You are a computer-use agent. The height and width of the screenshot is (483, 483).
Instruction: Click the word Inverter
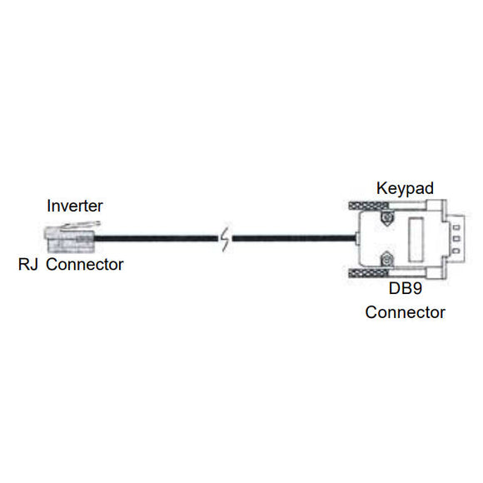(x=75, y=205)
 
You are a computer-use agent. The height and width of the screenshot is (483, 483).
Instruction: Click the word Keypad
(x=405, y=188)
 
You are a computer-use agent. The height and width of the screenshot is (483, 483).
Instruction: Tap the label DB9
(x=405, y=290)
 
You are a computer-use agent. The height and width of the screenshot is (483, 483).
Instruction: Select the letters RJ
(x=29, y=265)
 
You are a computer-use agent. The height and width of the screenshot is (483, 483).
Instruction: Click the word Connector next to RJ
(x=85, y=265)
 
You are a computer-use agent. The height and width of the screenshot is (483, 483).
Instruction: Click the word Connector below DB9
(x=405, y=313)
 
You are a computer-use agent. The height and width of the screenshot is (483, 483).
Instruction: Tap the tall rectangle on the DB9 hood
(x=416, y=240)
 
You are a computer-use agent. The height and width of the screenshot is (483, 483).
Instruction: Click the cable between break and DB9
(x=291, y=240)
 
